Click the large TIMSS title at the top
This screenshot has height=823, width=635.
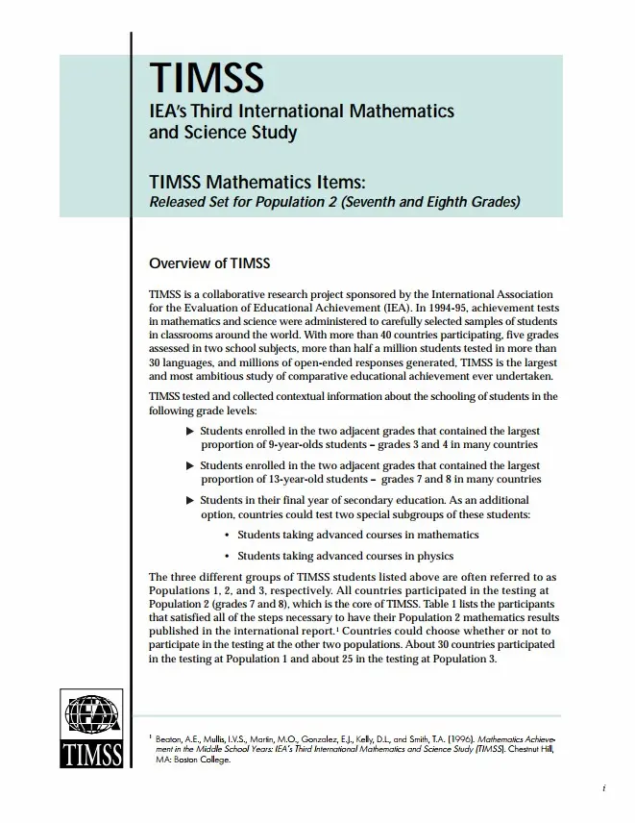(206, 77)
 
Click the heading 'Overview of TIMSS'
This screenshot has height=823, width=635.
(210, 263)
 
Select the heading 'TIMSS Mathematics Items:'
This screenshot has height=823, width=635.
(257, 183)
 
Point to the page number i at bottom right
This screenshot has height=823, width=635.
(602, 790)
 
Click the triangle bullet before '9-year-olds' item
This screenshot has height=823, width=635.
(189, 431)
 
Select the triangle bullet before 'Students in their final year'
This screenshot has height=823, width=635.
(189, 500)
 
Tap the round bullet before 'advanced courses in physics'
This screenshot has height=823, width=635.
(227, 556)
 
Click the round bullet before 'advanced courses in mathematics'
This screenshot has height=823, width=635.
(227, 535)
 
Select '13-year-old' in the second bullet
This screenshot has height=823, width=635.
(285, 479)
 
